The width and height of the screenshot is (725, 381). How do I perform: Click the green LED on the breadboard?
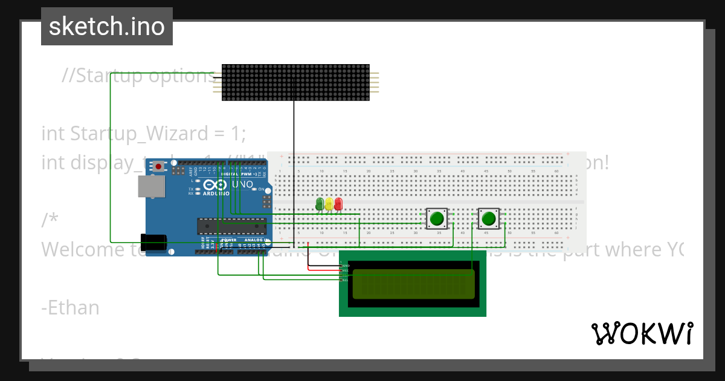pyautogui.click(x=320, y=204)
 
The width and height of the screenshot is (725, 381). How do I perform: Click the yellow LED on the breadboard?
pyautogui.click(x=329, y=204)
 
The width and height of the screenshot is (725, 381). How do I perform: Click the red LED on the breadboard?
pyautogui.click(x=338, y=204)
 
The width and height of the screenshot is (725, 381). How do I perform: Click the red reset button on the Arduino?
pyautogui.click(x=159, y=166)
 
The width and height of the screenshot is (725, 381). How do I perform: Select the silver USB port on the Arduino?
pyautogui.click(x=150, y=186)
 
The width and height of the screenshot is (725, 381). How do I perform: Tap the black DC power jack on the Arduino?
pyautogui.click(x=153, y=241)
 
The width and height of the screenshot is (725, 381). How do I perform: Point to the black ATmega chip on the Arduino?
pyautogui.click(x=231, y=226)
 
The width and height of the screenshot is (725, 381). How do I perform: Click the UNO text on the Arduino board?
pyautogui.click(x=242, y=184)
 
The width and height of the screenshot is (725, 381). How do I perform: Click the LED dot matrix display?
pyautogui.click(x=295, y=82)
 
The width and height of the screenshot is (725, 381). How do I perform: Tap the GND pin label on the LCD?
pyautogui.click(x=346, y=265)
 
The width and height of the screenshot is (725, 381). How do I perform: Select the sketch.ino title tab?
pyautogui.click(x=107, y=27)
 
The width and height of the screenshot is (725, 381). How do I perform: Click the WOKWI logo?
pyautogui.click(x=642, y=334)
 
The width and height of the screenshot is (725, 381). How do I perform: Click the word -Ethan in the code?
pyautogui.click(x=71, y=308)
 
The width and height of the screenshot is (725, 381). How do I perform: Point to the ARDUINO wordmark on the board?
pyautogui.click(x=216, y=194)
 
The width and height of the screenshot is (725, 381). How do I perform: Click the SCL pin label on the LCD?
pyautogui.click(x=346, y=280)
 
